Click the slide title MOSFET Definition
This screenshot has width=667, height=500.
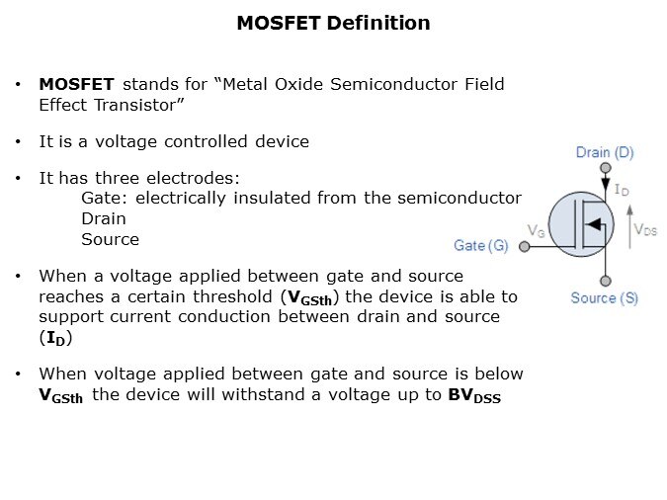point(333,23)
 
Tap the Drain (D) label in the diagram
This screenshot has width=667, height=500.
point(605,152)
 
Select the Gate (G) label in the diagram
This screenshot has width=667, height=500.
point(481,245)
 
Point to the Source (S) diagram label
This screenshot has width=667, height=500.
point(604,297)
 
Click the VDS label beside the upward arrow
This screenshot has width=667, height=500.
point(644,229)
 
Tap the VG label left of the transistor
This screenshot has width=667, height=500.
point(537,230)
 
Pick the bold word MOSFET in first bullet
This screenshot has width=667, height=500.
point(76,84)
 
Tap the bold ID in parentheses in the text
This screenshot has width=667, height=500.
point(55,338)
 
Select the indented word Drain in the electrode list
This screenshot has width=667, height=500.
point(104,218)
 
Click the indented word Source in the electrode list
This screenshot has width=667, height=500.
point(110,238)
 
